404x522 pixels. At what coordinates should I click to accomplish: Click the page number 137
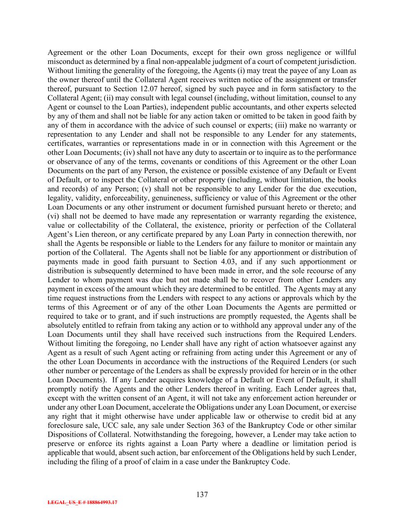point(202,494)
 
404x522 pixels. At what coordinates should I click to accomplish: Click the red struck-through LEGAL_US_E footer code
point(82,502)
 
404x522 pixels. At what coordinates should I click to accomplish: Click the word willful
point(346,53)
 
